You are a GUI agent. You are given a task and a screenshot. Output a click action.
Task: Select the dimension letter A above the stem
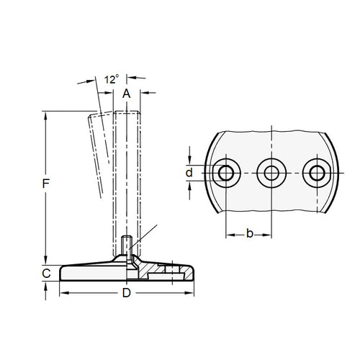point(126,94)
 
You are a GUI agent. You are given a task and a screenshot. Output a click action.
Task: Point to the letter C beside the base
point(45,274)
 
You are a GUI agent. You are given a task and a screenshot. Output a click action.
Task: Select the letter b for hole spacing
point(249,234)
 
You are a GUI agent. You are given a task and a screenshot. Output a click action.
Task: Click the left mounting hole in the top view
point(228,173)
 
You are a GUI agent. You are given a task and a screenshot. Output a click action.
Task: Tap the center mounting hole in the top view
point(271,173)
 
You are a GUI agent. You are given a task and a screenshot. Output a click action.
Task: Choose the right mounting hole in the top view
point(315,173)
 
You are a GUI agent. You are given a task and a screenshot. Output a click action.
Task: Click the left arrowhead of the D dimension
point(61,293)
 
